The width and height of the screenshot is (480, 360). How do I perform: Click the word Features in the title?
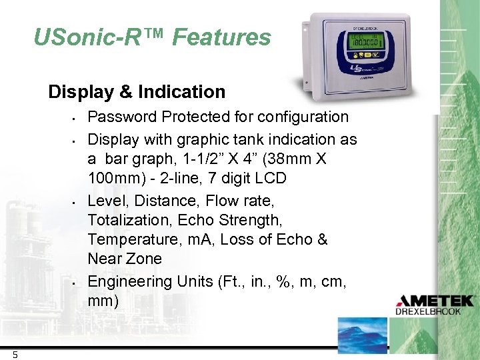pyautogui.click(x=221, y=37)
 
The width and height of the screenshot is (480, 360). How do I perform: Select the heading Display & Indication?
pyautogui.click(x=137, y=91)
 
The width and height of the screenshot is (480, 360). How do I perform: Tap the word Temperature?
pyautogui.click(x=129, y=239)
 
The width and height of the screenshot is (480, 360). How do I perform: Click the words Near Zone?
pyautogui.click(x=125, y=258)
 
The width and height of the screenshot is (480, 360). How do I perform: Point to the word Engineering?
pyautogui.click(x=131, y=281)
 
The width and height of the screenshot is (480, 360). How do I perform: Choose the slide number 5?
pyautogui.click(x=15, y=355)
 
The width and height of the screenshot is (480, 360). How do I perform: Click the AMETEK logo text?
pyautogui.click(x=434, y=301)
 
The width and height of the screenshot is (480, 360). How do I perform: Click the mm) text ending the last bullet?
pyautogui.click(x=103, y=301)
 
